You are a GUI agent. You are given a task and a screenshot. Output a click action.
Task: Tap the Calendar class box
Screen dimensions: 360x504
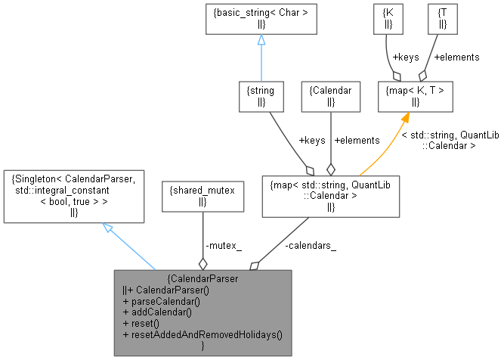click(331, 95)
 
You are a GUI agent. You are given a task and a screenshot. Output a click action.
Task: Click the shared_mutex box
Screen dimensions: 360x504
click(202, 197)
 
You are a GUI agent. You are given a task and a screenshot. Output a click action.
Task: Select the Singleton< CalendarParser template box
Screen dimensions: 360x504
click(73, 197)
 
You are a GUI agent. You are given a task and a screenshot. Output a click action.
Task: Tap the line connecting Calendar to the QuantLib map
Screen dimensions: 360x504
click(331, 140)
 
